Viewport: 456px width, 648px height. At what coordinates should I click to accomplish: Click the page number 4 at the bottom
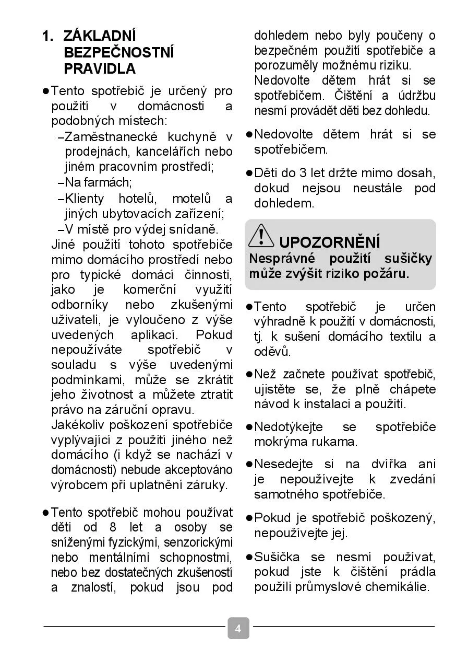pos(238,628)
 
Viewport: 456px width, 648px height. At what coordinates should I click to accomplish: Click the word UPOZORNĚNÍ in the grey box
pos(330,242)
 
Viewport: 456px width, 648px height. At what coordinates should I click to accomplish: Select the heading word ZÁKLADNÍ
pos(100,36)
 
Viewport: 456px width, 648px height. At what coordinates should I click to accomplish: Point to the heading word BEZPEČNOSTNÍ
pos(119,52)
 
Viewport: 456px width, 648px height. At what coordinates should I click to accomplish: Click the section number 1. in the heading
pos(48,36)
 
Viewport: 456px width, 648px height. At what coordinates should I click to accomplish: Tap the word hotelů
pos(137,199)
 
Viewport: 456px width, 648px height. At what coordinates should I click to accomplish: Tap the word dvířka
pos(389,464)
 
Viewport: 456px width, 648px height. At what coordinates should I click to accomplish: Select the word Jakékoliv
pos(79,425)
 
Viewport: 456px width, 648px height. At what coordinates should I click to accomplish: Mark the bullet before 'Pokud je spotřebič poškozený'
pos(249,518)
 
